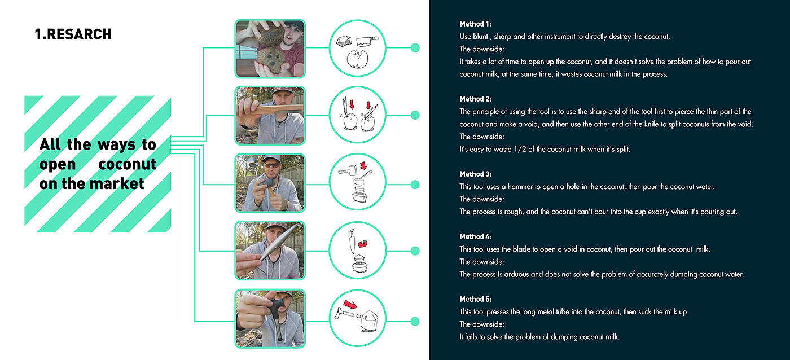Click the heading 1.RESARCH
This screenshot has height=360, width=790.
(x=73, y=34)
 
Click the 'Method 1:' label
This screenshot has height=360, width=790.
(x=475, y=24)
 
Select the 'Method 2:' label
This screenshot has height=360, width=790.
(x=475, y=99)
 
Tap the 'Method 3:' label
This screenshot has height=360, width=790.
(x=475, y=174)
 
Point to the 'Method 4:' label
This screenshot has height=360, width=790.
(x=475, y=236)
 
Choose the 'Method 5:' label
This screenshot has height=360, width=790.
(x=475, y=299)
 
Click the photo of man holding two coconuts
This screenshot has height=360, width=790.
(x=270, y=48)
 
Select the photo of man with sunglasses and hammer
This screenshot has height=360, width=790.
(x=270, y=183)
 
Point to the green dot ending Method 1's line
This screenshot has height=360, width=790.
(x=415, y=48)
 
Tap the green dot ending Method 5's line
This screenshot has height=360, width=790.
(x=415, y=322)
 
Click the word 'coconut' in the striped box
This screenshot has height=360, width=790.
(x=127, y=165)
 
